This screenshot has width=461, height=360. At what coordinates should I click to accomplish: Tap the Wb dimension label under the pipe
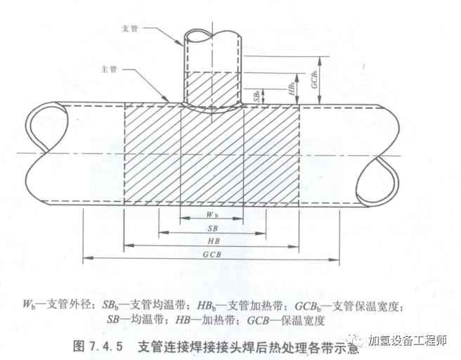(212, 213)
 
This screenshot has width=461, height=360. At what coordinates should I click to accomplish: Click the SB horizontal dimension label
(212, 229)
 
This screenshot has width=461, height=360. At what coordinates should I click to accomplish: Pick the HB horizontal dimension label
(212, 243)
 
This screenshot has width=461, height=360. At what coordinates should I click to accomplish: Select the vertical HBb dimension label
(291, 88)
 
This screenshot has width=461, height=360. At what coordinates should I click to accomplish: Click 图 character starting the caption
(79, 346)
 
